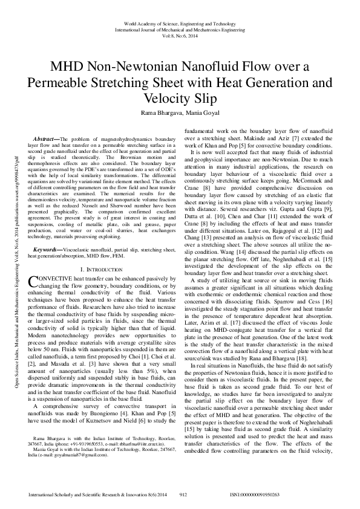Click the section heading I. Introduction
coord(102,268)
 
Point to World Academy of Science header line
coord(180,21)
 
